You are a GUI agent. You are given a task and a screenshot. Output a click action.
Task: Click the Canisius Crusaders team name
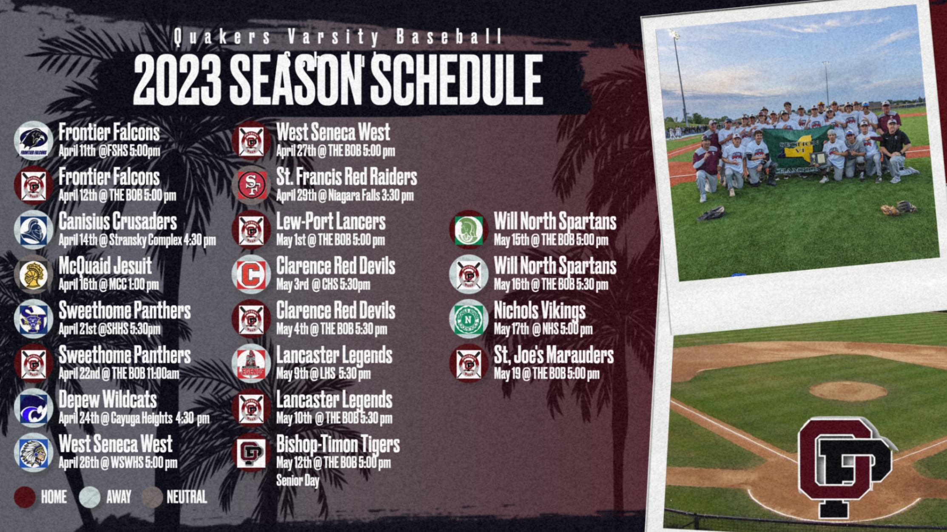[x=117, y=221]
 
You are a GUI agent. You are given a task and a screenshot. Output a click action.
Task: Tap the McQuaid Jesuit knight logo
[x=34, y=274]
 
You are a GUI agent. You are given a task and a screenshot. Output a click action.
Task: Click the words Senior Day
[x=297, y=481]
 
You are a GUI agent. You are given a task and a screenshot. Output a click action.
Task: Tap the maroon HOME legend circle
[x=25, y=497]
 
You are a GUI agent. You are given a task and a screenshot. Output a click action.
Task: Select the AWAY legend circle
[x=89, y=497]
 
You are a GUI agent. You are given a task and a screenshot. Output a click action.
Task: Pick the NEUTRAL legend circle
[x=152, y=497]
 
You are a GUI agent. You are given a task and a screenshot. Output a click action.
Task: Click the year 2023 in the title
[x=178, y=81]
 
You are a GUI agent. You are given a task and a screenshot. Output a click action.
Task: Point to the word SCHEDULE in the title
[x=457, y=81]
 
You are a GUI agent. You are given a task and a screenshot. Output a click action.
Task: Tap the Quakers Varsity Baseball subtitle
[x=338, y=37]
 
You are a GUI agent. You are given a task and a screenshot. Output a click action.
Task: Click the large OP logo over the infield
[x=844, y=465]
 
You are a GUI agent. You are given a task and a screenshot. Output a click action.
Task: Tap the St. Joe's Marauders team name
[x=554, y=355]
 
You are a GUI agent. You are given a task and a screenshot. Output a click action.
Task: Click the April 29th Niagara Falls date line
[x=344, y=196]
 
